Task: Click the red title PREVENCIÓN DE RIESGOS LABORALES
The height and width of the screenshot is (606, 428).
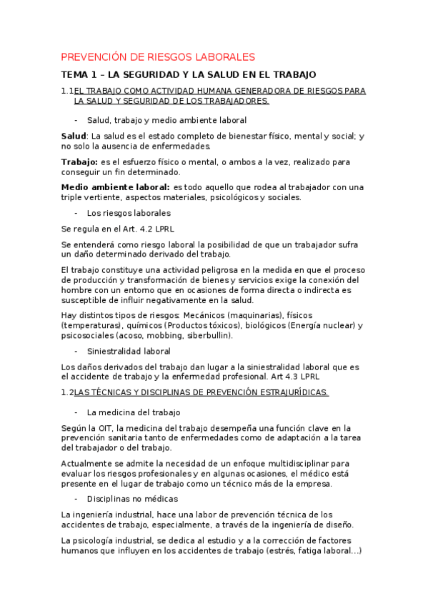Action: pyautogui.click(x=157, y=56)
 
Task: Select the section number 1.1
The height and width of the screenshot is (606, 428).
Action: pyautogui.click(x=68, y=91)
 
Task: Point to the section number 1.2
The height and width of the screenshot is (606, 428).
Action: pyautogui.click(x=68, y=392)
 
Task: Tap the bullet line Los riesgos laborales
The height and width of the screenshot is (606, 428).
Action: pyautogui.click(x=129, y=213)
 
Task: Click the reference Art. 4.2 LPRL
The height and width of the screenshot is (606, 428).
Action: pyautogui.click(x=149, y=229)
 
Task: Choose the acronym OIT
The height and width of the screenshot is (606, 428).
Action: pyautogui.click(x=104, y=428)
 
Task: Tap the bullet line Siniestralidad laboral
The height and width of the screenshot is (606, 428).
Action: pyautogui.click(x=129, y=351)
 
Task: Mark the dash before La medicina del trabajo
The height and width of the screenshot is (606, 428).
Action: pyautogui.click(x=76, y=412)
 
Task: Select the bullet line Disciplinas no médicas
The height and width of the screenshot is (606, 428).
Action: pyautogui.click(x=132, y=498)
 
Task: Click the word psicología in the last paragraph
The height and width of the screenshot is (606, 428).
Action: pyautogui.click(x=96, y=540)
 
